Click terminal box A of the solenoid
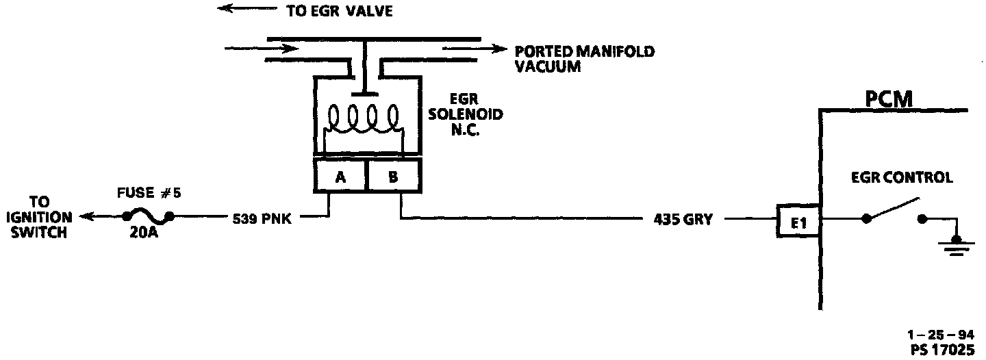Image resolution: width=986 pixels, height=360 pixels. click(340, 176)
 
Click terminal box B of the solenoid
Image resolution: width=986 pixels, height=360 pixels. click(394, 176)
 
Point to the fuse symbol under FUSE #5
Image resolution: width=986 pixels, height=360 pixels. click(147, 218)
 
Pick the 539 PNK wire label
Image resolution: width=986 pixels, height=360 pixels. click(261, 219)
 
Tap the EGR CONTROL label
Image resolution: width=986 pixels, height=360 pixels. click(902, 178)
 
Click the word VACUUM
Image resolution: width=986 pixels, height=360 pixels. click(548, 66)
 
